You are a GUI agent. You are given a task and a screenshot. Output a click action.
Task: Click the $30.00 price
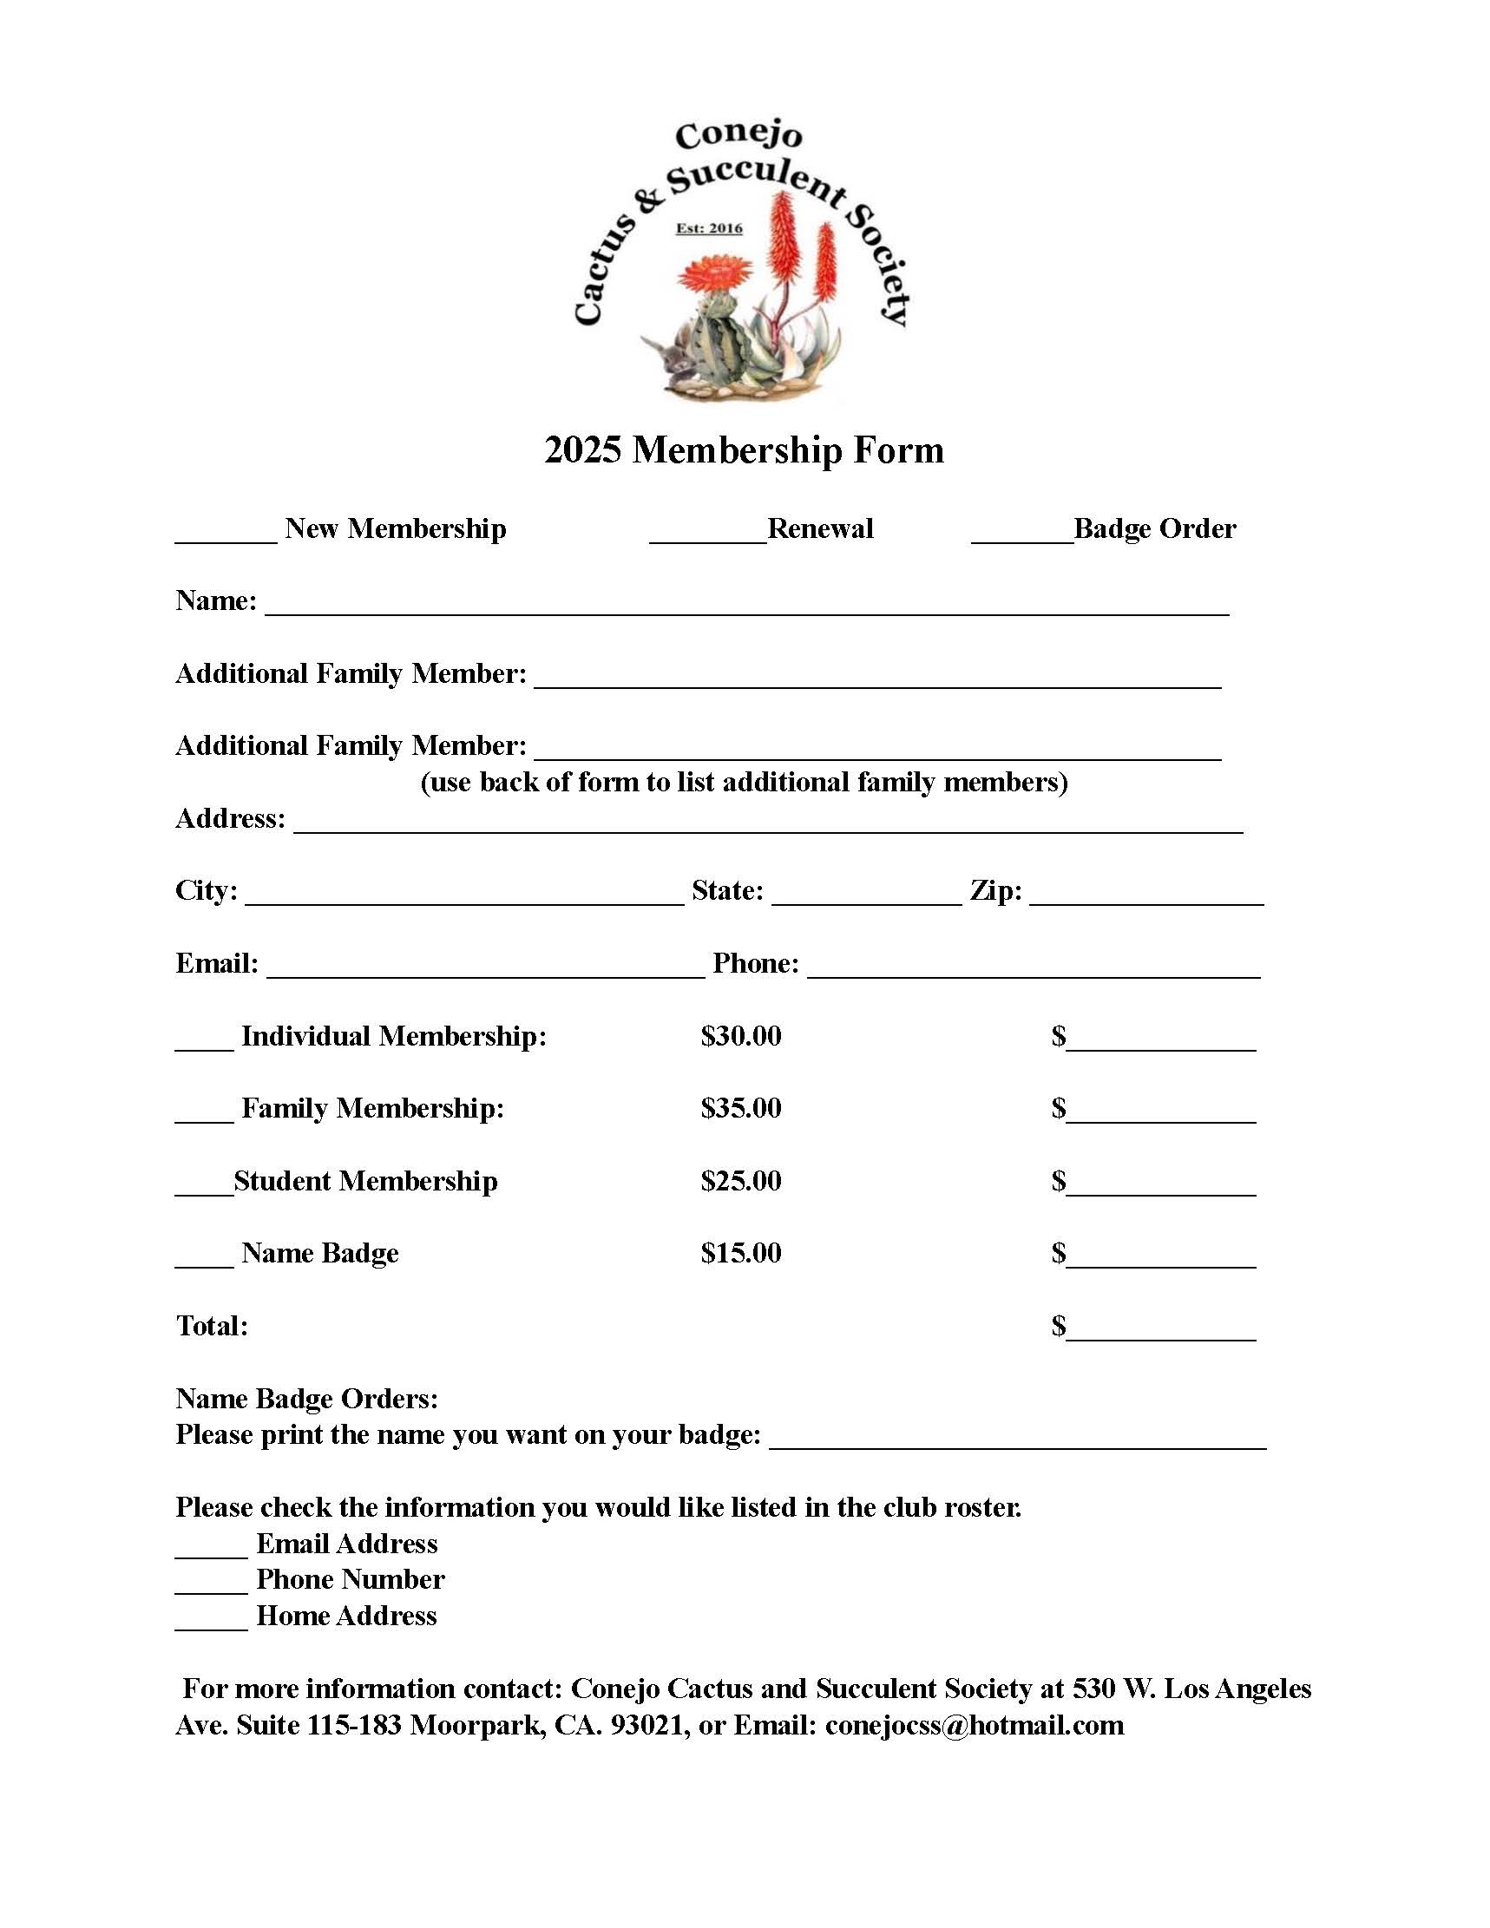click(740, 1035)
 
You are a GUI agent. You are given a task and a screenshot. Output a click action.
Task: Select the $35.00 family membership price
click(740, 1108)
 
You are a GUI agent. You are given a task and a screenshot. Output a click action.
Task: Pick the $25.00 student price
click(740, 1181)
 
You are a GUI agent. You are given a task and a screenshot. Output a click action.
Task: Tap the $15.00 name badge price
click(740, 1253)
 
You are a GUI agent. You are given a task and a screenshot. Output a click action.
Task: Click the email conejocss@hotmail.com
click(974, 1725)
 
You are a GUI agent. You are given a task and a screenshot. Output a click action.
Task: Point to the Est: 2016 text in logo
click(709, 229)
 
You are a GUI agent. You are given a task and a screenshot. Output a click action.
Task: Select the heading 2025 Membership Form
click(744, 450)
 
